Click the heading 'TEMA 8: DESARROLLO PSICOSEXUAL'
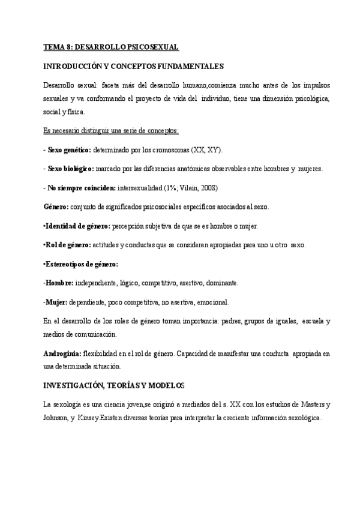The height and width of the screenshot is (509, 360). click(112, 47)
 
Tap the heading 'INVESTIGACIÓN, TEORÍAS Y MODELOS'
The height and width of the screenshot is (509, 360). click(114, 384)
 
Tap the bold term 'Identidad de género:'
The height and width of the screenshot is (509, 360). click(77, 226)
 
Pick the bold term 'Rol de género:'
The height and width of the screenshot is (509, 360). click(67, 245)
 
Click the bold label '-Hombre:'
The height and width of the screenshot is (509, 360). click(59, 283)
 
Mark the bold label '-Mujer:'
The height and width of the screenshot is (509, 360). click(56, 302)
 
